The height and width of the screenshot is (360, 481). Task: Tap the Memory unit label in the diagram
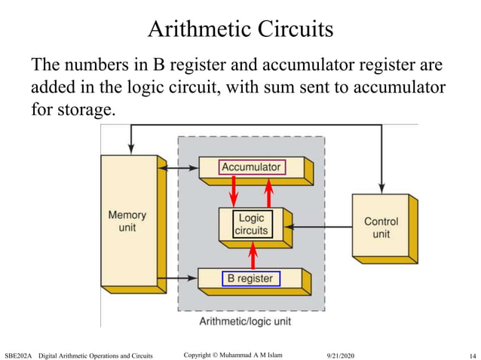click(x=127, y=220)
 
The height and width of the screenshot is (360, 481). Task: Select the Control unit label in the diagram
click(x=381, y=227)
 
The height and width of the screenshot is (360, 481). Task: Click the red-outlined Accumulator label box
click(x=251, y=166)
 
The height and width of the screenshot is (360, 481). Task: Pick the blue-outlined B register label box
click(x=251, y=279)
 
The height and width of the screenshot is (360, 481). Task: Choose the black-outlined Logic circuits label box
click(x=250, y=224)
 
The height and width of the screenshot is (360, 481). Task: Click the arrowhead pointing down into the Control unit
click(x=382, y=188)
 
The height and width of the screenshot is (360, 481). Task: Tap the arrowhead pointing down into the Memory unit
click(x=132, y=150)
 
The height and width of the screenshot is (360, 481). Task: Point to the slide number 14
click(x=472, y=355)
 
